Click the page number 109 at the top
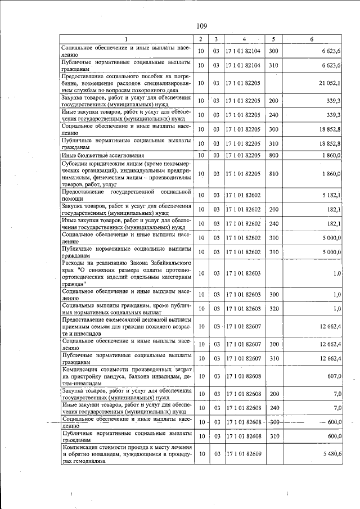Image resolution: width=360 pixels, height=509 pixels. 201,26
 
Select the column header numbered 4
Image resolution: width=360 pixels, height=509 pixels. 244,39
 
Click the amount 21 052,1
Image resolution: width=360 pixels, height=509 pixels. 330,83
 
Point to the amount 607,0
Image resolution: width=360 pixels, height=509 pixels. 334,376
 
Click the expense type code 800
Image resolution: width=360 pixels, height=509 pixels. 274,155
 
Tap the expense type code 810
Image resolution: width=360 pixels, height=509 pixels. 274,174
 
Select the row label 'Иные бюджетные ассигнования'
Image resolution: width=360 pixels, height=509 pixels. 103,155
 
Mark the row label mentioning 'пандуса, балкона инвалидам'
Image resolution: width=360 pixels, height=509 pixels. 127,376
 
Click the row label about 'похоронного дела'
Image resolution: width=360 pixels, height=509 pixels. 127,83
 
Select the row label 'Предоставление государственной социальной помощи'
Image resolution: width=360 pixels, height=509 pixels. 127,195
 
